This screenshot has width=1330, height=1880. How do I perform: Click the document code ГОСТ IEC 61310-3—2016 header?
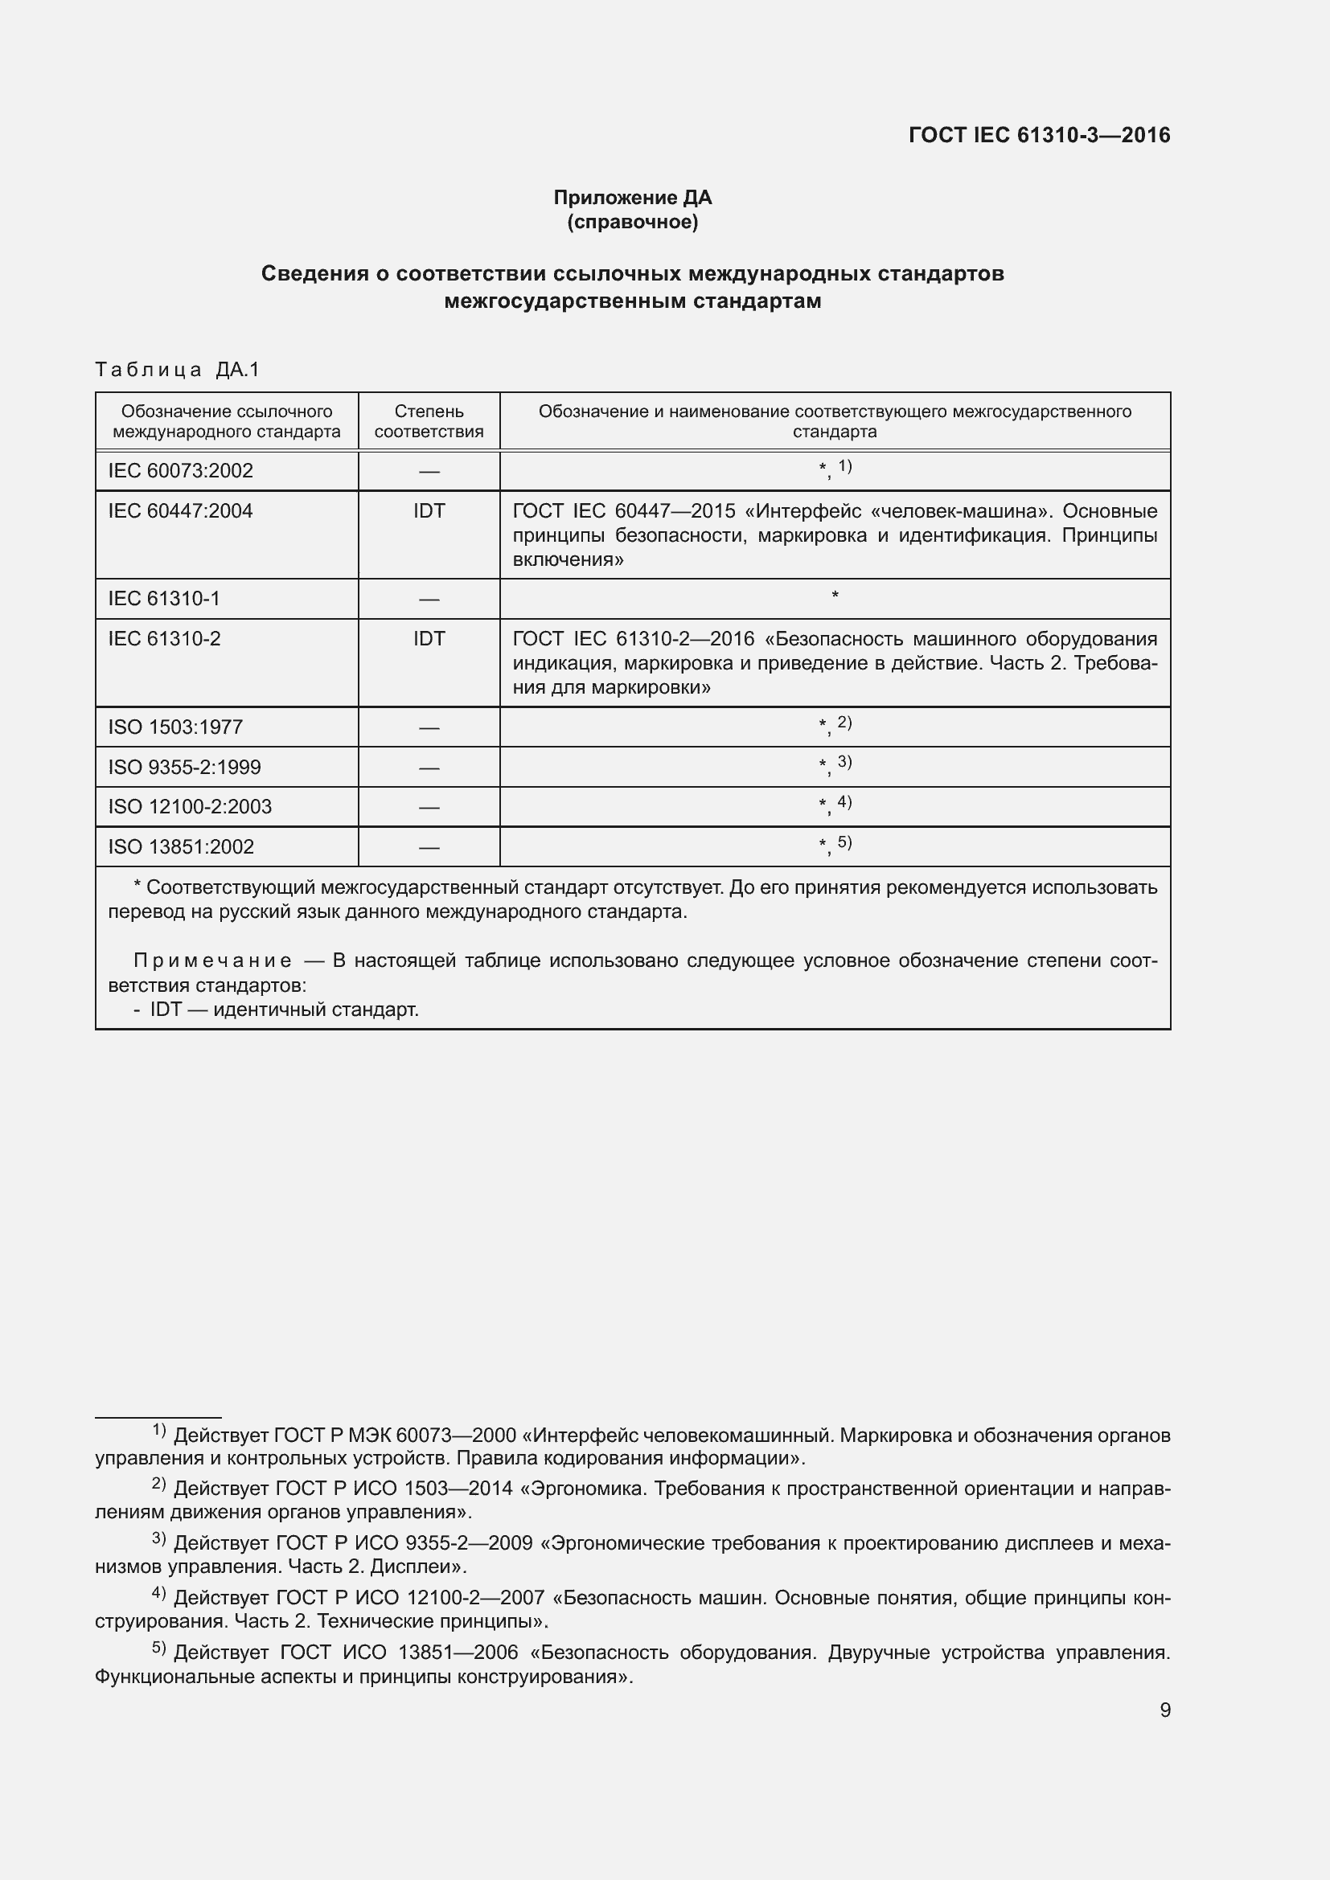point(1038,136)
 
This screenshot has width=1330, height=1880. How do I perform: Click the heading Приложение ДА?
point(632,198)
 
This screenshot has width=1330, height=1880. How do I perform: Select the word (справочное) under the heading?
point(632,222)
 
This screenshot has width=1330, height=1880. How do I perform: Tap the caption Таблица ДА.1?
point(177,370)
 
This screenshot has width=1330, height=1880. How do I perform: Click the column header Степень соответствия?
point(429,421)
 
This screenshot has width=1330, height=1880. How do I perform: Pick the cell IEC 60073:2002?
point(180,471)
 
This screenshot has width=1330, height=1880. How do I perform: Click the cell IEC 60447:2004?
point(180,511)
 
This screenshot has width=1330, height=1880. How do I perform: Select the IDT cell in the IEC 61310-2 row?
point(429,639)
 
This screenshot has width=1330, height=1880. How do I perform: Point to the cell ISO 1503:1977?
point(175,727)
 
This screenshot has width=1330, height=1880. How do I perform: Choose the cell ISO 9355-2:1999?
point(184,768)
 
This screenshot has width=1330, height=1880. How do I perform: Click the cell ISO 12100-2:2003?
point(189,806)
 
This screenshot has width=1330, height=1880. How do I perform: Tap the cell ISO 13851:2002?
point(181,846)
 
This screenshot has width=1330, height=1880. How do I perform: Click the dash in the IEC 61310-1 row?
point(429,600)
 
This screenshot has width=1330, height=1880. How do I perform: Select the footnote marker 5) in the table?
point(844,842)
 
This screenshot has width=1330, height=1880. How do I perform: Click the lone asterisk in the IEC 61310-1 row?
point(835,596)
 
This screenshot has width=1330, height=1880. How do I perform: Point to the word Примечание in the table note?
point(212,960)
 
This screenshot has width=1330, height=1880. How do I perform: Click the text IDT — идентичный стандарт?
point(283,1010)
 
